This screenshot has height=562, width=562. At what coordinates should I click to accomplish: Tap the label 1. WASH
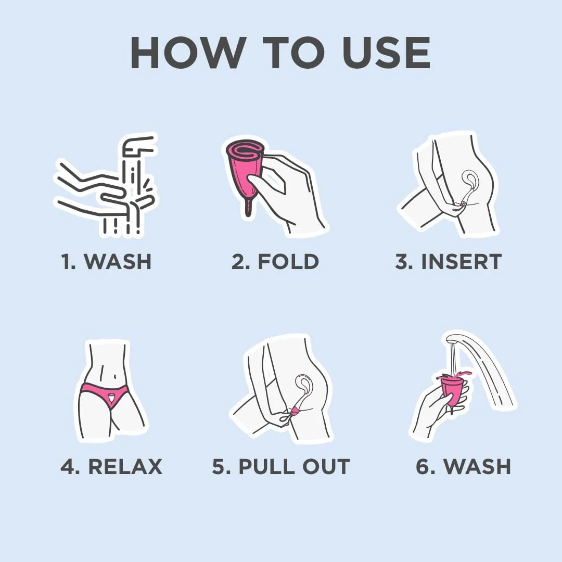click(x=107, y=261)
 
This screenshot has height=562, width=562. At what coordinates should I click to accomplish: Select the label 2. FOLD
click(x=275, y=261)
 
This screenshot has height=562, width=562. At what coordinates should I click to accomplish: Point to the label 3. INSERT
click(x=449, y=261)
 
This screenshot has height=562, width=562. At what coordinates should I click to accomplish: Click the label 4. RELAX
click(x=111, y=466)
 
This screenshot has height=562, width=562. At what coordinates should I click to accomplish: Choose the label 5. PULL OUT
click(x=281, y=466)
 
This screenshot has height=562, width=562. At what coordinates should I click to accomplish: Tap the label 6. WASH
click(x=464, y=466)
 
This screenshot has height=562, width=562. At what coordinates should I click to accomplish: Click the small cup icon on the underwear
click(x=111, y=397)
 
